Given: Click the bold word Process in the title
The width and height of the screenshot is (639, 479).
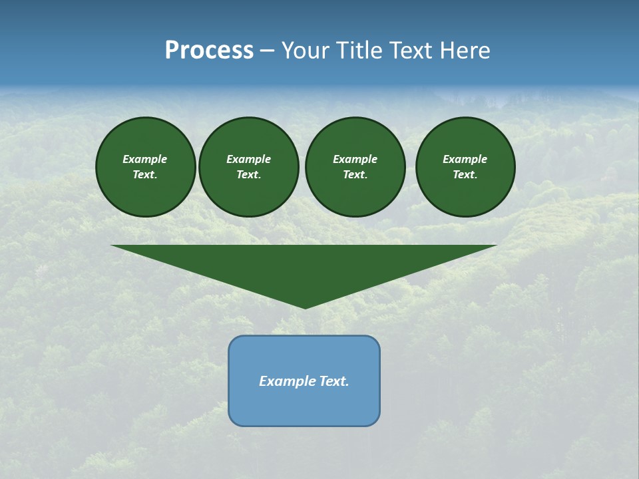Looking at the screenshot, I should (209, 51).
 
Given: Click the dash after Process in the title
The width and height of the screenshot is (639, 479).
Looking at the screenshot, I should (267, 52).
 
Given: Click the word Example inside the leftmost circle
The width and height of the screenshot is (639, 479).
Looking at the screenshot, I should (145, 159).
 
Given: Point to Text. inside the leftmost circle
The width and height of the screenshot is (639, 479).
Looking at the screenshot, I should (145, 175).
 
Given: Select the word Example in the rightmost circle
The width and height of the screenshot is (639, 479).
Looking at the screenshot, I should (465, 159).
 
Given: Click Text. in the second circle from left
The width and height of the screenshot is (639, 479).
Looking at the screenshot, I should (248, 175).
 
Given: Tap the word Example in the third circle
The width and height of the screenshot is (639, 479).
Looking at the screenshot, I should (355, 159).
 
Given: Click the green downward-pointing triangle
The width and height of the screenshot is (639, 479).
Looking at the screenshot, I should (304, 266).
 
